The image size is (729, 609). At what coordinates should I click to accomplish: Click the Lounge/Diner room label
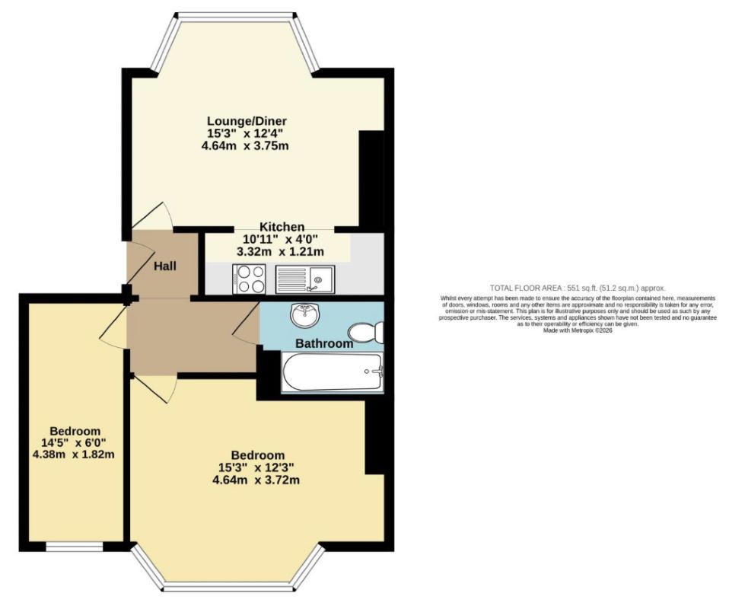247,121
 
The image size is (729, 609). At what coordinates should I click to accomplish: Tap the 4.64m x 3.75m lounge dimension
247,145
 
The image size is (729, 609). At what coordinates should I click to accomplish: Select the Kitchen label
282,227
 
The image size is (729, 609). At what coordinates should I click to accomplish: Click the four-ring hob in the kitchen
250,279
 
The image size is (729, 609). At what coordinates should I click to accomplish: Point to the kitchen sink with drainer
304,279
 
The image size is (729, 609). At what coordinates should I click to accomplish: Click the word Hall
165,266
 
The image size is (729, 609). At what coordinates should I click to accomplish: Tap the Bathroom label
324,343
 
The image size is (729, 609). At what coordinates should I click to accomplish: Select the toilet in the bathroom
368,332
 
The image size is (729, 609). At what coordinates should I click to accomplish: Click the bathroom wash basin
305,312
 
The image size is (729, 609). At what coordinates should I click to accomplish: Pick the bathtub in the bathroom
333,373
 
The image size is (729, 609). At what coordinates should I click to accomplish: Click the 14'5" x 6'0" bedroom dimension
74,443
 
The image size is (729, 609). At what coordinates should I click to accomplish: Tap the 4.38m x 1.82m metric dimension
74,455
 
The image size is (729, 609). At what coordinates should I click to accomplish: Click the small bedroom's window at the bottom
74,547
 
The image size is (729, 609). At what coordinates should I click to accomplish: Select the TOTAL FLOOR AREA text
578,288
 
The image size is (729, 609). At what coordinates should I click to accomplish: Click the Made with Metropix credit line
578,330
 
